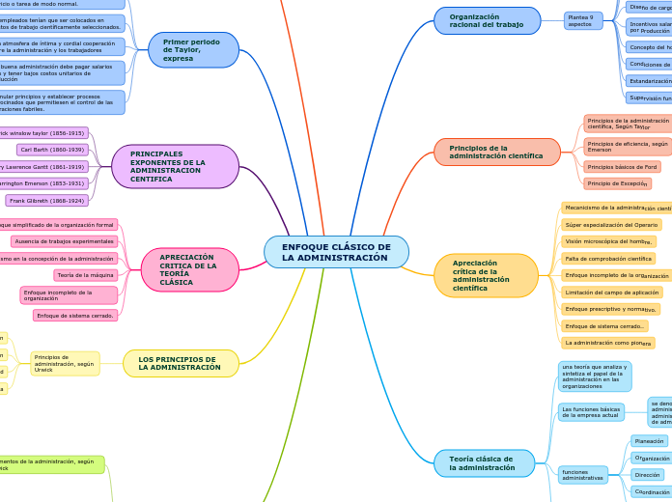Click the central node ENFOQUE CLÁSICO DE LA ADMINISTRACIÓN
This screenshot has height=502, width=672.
point(336,252)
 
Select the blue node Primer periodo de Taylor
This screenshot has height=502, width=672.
point(194,49)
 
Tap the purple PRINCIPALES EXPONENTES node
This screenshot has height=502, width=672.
point(176,166)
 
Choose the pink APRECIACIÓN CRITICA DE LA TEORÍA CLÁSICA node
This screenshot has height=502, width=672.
point(190,269)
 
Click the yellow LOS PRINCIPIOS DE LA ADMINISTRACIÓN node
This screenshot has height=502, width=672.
point(180,363)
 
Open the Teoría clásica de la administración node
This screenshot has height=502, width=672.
point(484,463)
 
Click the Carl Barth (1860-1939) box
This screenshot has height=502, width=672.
point(53,150)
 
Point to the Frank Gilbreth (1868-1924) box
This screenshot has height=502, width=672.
point(47,201)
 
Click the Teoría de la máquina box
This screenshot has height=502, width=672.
point(86,275)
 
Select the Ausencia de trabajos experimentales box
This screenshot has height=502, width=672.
point(65,241)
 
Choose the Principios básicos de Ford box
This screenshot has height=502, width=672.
point(623,167)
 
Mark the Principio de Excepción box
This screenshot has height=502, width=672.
point(617,183)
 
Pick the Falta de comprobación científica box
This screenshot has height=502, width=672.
point(610,259)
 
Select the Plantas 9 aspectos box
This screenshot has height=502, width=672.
point(583,20)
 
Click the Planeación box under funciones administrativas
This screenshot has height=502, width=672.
point(649,441)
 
